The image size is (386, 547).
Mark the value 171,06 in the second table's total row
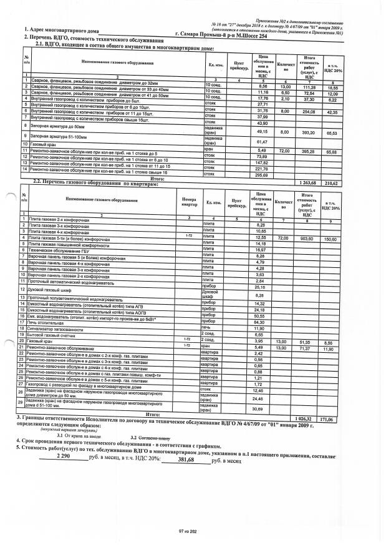click(339, 416)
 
